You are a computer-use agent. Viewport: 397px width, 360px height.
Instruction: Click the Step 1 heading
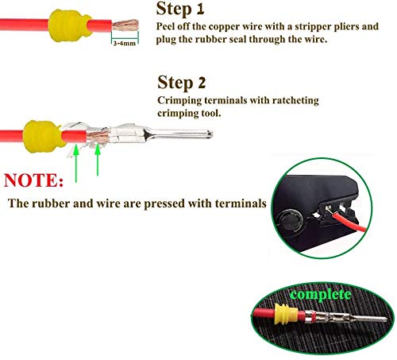click(x=180, y=9)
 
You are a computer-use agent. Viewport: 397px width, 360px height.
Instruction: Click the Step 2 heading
click(x=182, y=83)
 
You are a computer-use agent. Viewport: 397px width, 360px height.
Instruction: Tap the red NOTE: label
click(x=33, y=180)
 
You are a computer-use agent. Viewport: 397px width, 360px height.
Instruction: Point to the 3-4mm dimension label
click(x=125, y=43)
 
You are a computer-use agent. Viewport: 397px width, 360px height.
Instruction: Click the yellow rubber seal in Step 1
click(x=69, y=25)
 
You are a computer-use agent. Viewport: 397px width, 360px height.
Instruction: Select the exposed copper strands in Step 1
click(x=125, y=25)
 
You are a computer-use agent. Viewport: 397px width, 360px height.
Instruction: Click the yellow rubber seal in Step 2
click(x=43, y=137)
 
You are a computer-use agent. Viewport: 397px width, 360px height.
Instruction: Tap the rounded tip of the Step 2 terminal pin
click(x=210, y=134)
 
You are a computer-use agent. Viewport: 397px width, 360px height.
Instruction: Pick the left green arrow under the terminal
click(x=76, y=164)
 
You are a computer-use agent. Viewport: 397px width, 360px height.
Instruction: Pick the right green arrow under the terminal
click(x=98, y=160)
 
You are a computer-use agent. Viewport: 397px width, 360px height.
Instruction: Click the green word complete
click(x=321, y=295)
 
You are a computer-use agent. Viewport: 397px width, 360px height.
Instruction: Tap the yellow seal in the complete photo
click(x=287, y=314)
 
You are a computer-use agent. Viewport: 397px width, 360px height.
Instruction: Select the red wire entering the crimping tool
click(x=349, y=223)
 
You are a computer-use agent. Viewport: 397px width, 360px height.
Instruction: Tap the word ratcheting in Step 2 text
click(x=295, y=101)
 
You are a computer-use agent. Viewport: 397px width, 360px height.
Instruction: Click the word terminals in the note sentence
click(x=241, y=203)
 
